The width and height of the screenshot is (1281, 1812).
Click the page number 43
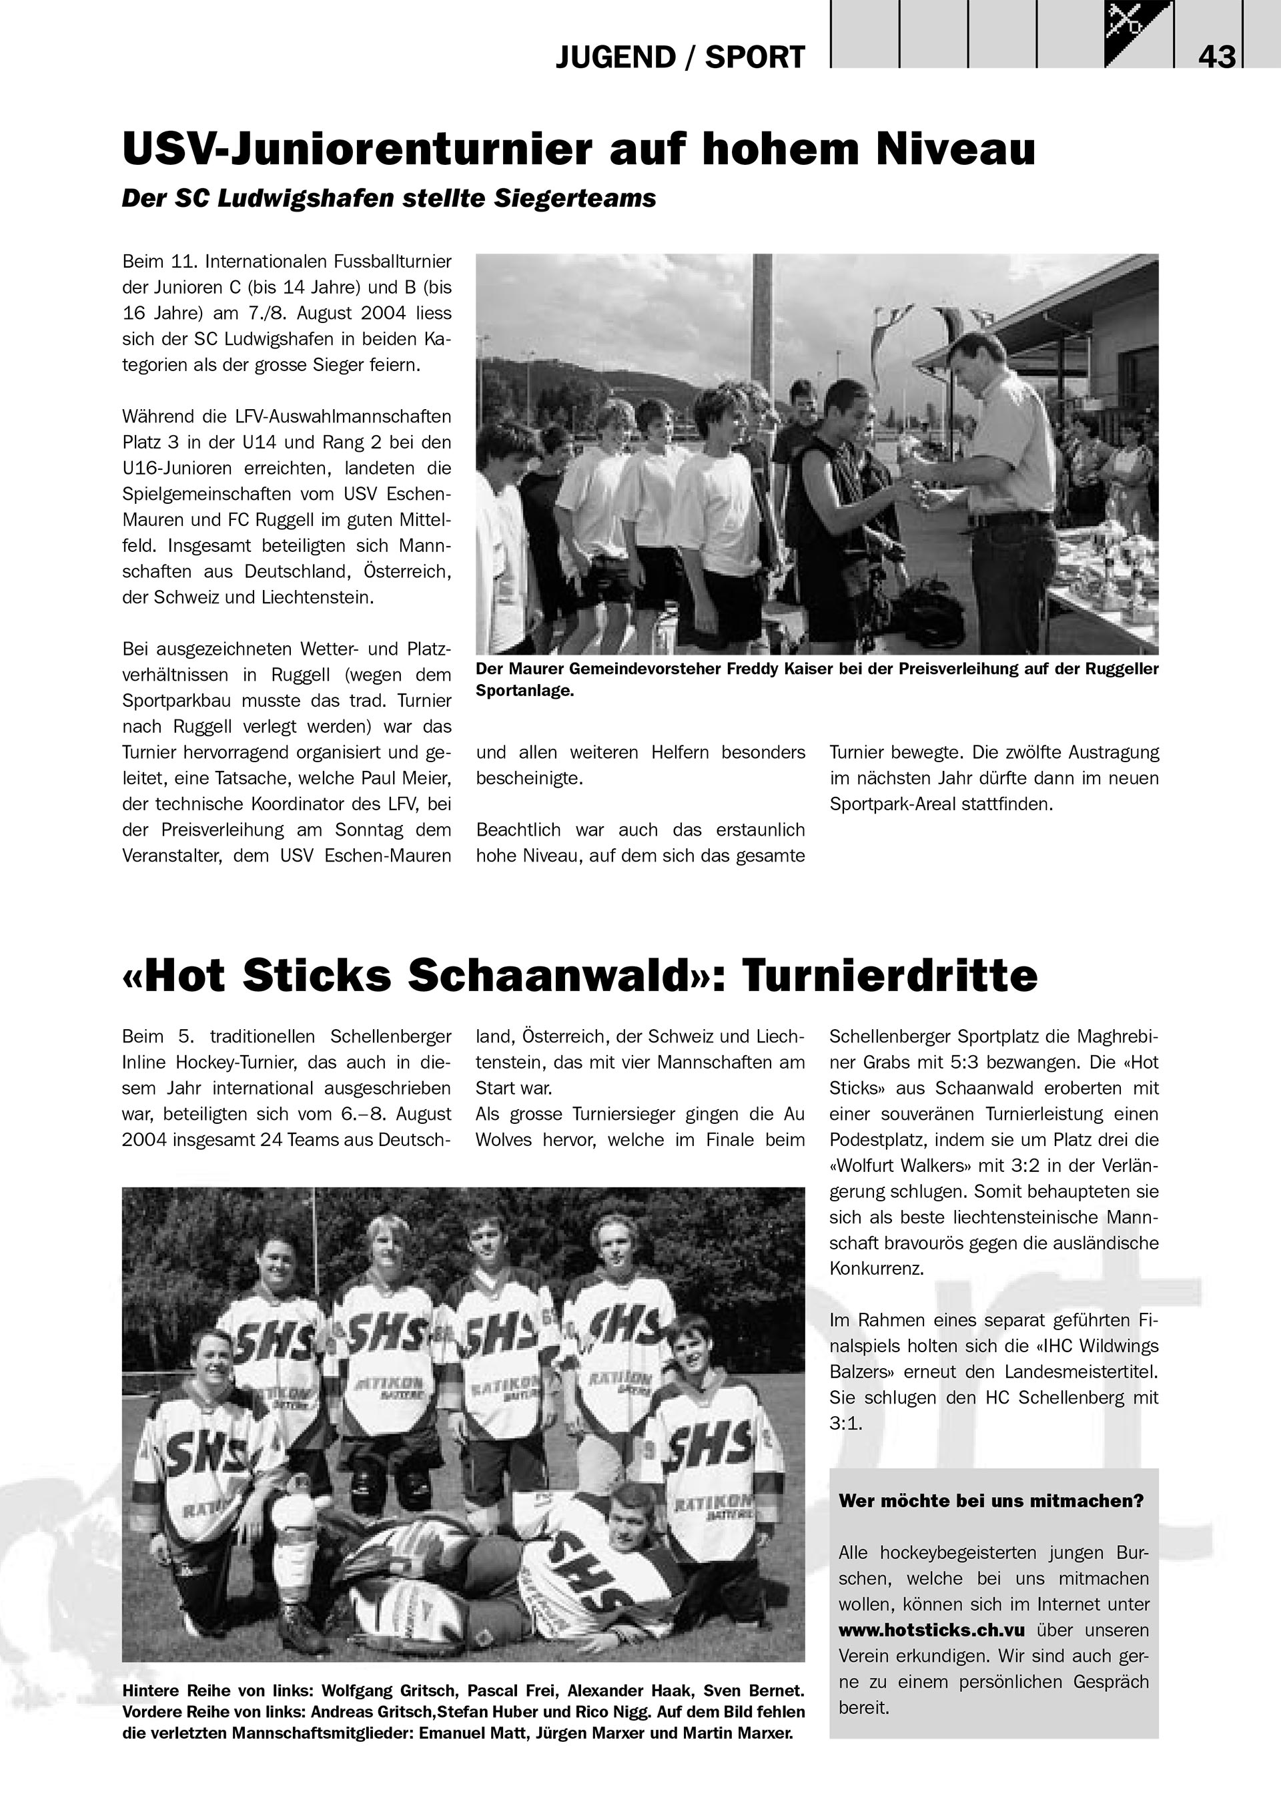tap(1216, 57)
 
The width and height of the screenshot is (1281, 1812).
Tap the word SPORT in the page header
tap(755, 57)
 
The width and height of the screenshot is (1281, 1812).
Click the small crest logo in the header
tap(1138, 33)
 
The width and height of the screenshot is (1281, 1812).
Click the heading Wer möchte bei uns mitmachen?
tap(991, 1500)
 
